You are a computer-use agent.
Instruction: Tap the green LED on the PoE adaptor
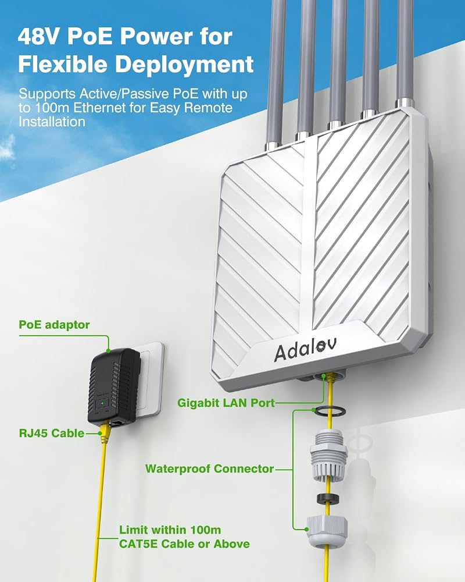pos(102,402)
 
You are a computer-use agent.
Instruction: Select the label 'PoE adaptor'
pos(54,325)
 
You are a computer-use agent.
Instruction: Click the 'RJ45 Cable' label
pos(52,433)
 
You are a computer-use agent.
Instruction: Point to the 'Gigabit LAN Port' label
pos(226,403)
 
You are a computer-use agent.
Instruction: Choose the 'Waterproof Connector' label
pos(209,469)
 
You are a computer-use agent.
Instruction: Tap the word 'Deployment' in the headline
pos(184,65)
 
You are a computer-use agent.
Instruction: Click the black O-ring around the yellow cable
pos(329,410)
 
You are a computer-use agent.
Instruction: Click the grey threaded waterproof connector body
pos(328,455)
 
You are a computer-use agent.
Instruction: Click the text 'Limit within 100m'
pos(170,530)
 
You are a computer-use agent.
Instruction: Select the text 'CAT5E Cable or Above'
pos(184,544)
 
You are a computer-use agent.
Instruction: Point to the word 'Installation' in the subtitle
pos(52,122)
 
